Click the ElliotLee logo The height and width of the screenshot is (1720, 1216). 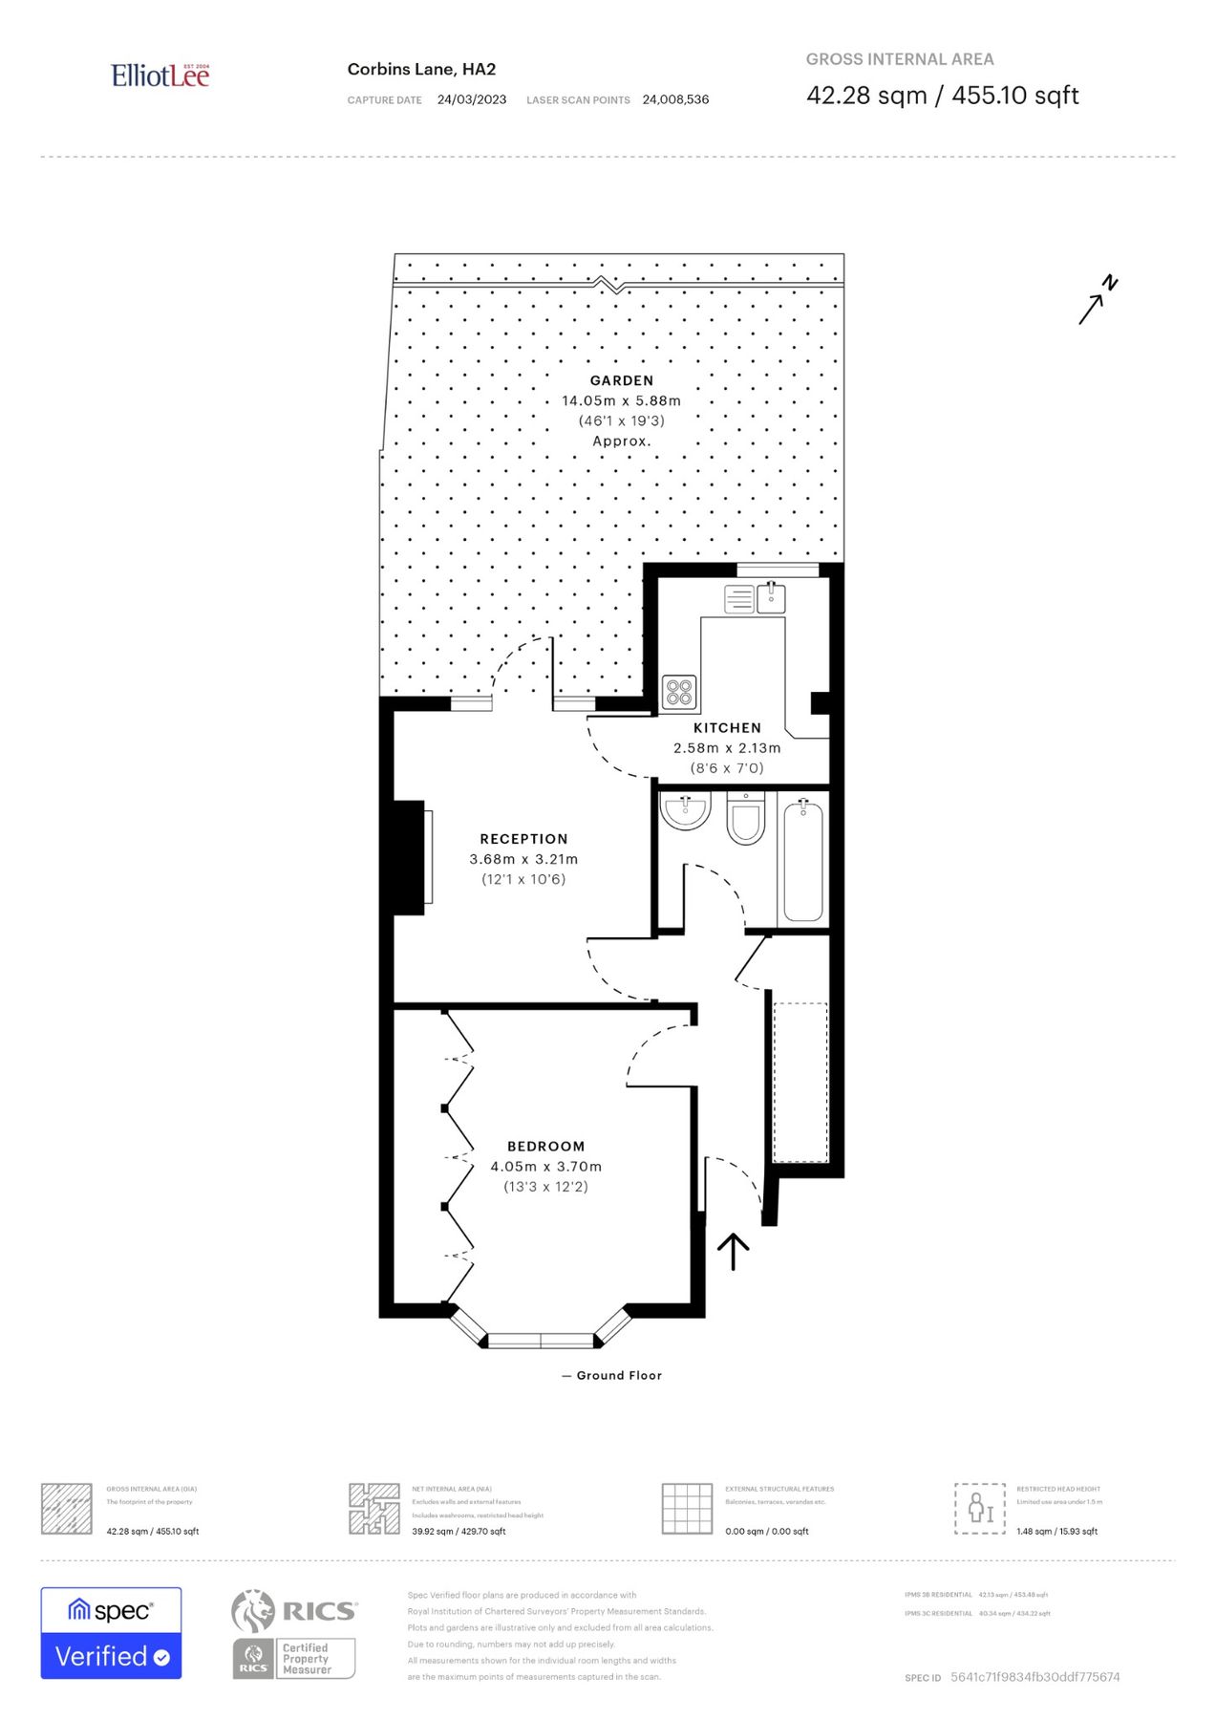[160, 75]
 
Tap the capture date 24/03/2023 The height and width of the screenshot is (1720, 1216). [472, 99]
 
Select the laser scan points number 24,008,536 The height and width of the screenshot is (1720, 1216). [675, 99]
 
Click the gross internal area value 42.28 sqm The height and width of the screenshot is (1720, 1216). [866, 96]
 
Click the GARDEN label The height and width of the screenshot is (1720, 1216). [621, 380]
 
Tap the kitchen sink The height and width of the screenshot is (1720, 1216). [771, 599]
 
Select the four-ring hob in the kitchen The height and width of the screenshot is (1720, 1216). [679, 692]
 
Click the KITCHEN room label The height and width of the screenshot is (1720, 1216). [727, 728]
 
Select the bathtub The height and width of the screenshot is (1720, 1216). [803, 861]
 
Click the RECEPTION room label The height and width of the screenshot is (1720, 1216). [523, 839]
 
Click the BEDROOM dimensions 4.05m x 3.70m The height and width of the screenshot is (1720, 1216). [545, 1167]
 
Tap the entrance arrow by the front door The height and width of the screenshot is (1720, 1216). [733, 1251]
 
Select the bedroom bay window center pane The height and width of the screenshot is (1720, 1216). [541, 1340]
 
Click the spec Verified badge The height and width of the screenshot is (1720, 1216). [111, 1633]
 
